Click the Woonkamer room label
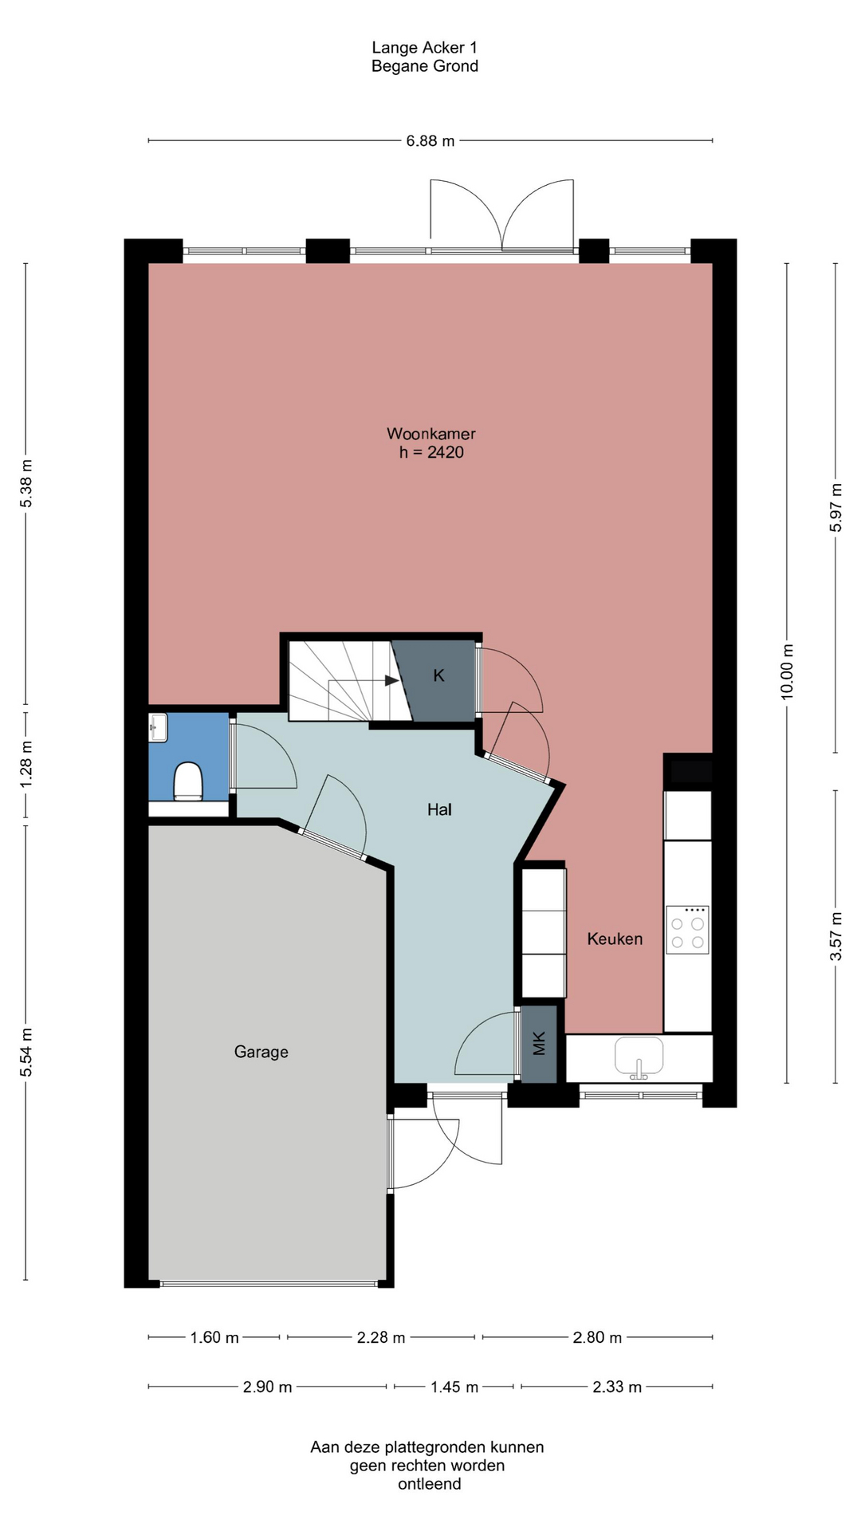click(431, 434)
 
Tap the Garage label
click(261, 1052)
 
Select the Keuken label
click(615, 939)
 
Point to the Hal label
click(439, 809)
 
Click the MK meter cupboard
click(539, 1044)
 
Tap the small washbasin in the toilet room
click(157, 727)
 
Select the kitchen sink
click(639, 1057)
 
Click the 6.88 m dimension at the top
click(431, 141)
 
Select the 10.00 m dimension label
click(788, 671)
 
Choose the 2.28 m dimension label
click(381, 1337)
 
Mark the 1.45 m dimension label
click(454, 1387)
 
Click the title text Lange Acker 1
click(425, 48)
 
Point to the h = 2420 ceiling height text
click(431, 452)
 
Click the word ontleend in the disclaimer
click(430, 1484)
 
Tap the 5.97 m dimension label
click(836, 508)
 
